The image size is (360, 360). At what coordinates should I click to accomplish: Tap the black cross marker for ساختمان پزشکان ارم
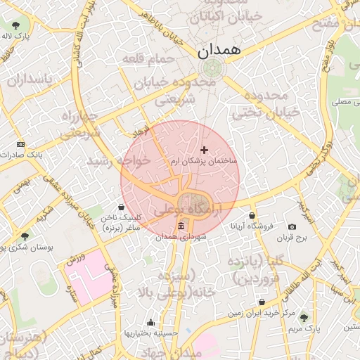click(x=205, y=150)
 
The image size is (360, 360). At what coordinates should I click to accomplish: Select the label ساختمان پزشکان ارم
click(x=205, y=162)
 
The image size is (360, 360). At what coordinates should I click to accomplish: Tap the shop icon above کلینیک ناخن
click(x=123, y=207)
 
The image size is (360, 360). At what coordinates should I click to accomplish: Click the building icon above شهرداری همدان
click(x=181, y=226)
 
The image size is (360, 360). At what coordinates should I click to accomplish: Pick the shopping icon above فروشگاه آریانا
click(x=252, y=215)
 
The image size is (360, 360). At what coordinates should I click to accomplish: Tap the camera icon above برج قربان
click(x=292, y=227)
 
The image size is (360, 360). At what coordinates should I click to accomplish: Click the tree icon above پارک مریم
click(x=304, y=317)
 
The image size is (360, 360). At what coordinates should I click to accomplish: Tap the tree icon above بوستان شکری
click(x=25, y=236)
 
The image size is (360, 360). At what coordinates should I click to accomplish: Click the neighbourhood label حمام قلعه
click(x=148, y=59)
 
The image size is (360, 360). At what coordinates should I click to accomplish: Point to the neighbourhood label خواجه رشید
click(x=119, y=160)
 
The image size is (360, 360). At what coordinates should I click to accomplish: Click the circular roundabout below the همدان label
click(x=210, y=68)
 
